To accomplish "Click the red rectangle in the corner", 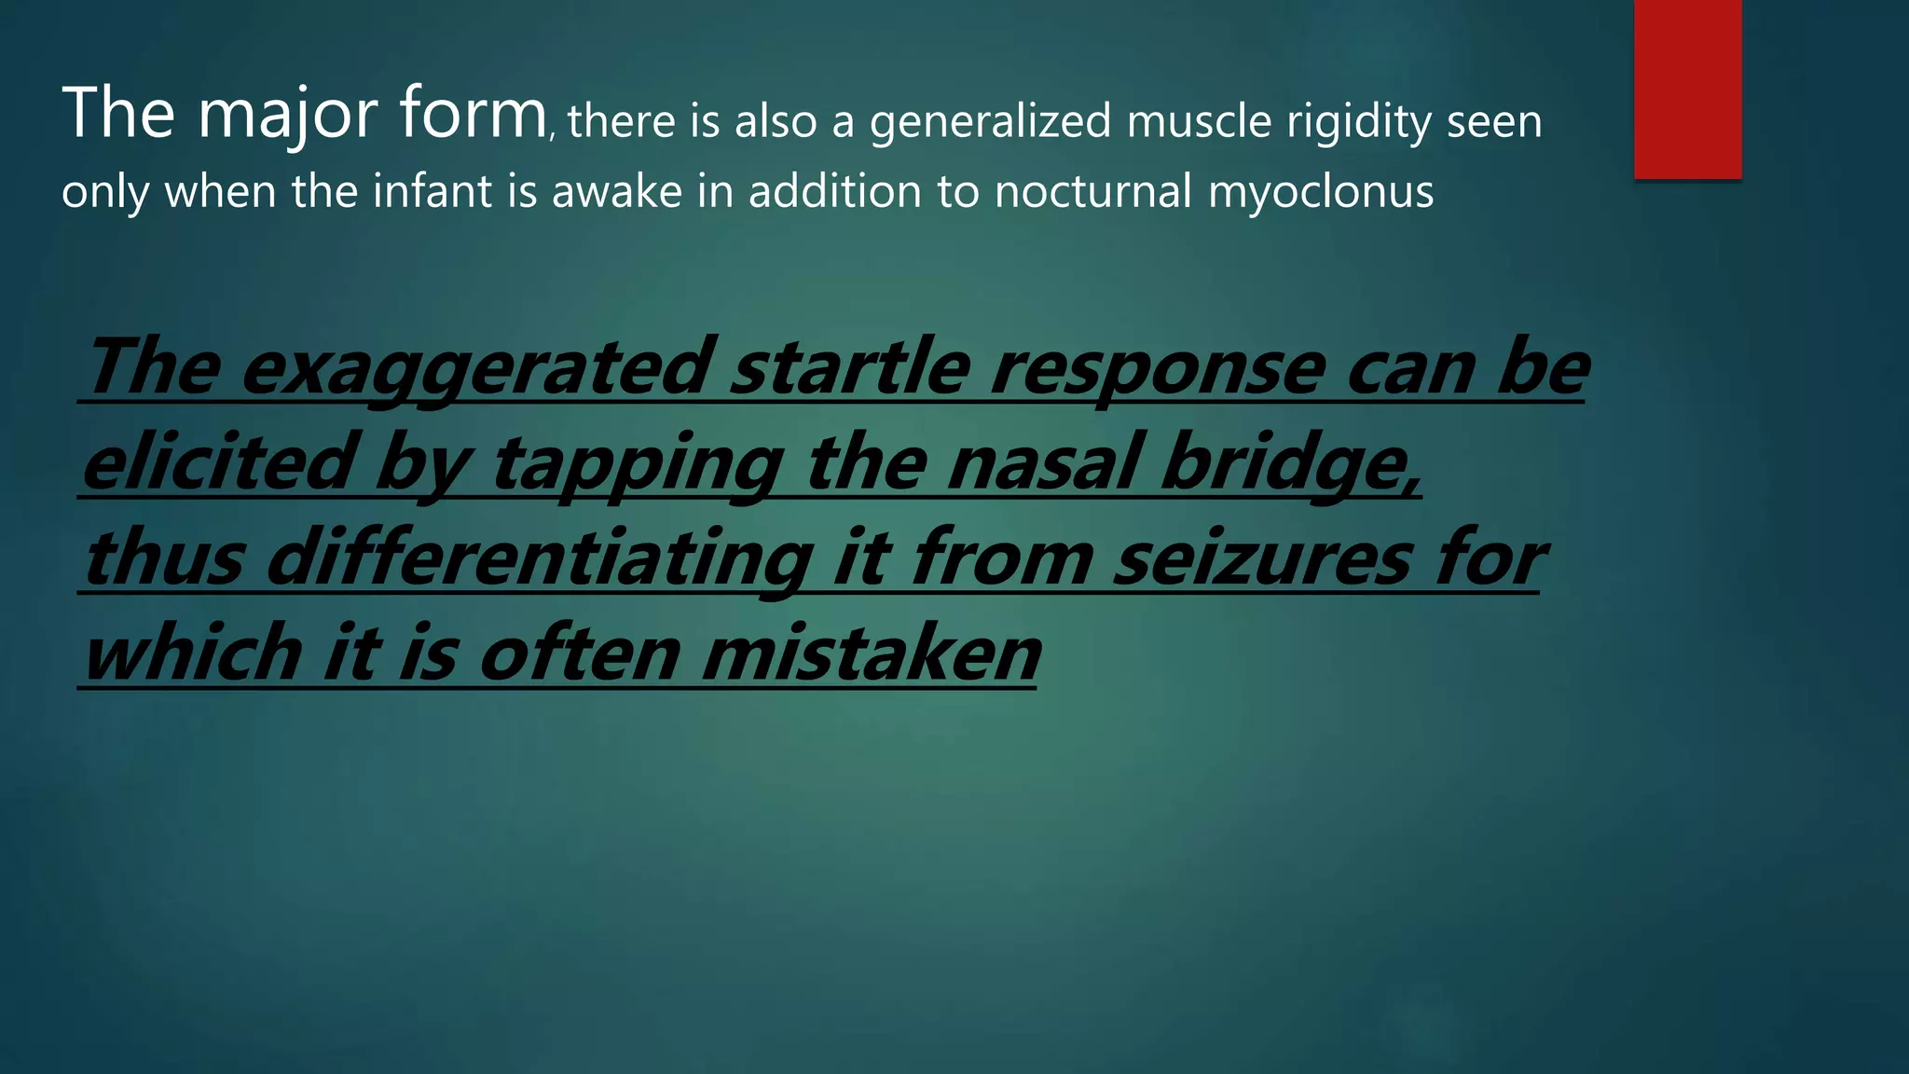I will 1687,89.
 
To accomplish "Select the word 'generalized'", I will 990,123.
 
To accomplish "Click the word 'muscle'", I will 1199,121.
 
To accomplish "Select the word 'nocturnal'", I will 1093,191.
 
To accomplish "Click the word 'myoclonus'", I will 1321,193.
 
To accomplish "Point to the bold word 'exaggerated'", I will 477,369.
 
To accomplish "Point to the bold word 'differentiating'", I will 540,558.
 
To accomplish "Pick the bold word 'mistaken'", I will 871,654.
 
